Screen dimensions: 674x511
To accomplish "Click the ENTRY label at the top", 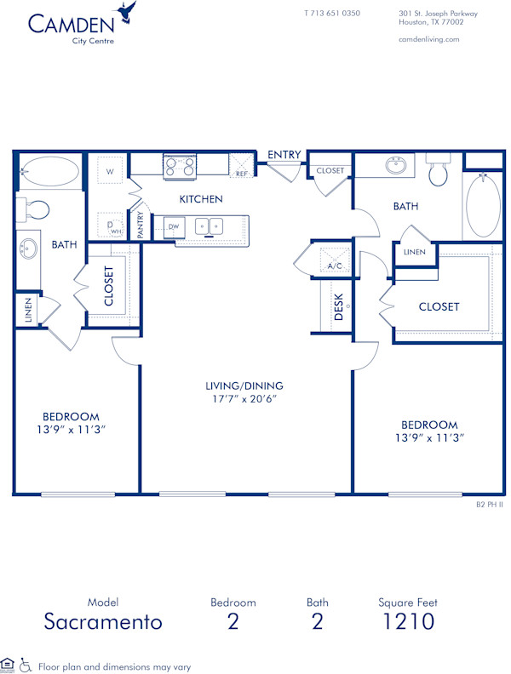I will coord(284,155).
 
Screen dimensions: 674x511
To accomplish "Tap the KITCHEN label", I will coord(201,199).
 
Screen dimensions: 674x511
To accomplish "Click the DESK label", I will coord(338,306).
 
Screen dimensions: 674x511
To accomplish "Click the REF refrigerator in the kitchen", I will coord(242,166).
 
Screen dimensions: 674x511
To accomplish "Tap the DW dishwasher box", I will coord(173,226).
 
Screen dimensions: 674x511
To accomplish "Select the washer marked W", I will coord(109,171).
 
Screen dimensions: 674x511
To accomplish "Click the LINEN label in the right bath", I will coord(415,253).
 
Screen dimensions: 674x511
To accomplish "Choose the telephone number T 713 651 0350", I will coord(332,14).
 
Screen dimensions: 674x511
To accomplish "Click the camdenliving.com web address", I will coord(428,39).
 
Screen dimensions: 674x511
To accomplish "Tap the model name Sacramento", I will coord(102,622).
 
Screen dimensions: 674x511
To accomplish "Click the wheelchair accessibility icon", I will coord(26,665).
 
